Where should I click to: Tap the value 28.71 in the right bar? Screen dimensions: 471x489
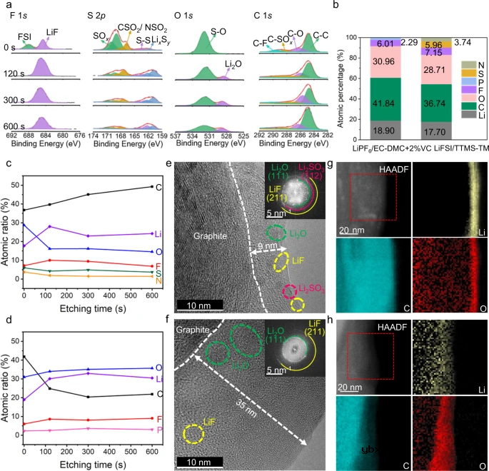435,74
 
